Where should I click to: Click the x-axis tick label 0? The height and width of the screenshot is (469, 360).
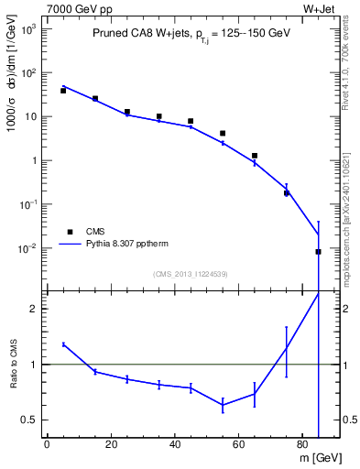(x=47, y=445)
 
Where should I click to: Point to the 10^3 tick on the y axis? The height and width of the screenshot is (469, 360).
(x=26, y=28)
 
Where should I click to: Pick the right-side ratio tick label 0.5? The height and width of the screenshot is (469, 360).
(x=349, y=420)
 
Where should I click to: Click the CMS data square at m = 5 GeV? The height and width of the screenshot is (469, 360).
(x=63, y=91)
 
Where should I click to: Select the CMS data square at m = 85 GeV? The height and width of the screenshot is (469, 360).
(x=319, y=251)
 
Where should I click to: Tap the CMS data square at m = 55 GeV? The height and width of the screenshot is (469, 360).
(x=223, y=134)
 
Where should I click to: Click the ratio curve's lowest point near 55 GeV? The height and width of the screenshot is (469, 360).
(x=223, y=405)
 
